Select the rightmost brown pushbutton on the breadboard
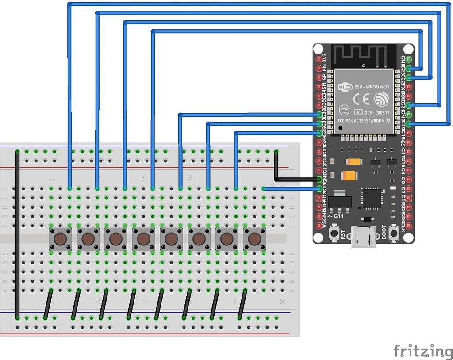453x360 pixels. pos(254,239)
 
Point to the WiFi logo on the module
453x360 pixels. pos(345,87)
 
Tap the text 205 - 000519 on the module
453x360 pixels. pos(375,112)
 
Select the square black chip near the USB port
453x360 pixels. pos(372,198)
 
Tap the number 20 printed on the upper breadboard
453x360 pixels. pos(190,178)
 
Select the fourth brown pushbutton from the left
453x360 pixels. pos(143,239)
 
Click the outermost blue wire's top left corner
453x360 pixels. pos(69,4)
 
